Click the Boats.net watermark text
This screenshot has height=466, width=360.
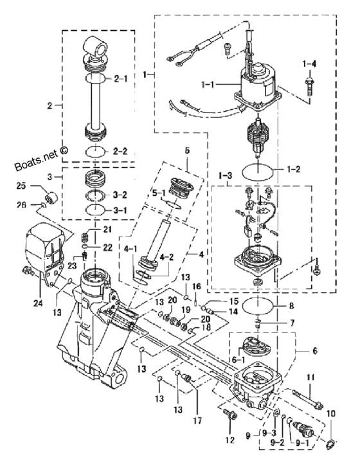[x=40, y=157]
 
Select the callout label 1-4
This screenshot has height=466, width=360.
[x=309, y=63]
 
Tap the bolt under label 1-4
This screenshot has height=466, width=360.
[x=309, y=86]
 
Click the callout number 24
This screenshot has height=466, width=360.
[x=38, y=303]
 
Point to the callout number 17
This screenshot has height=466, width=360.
[x=198, y=420]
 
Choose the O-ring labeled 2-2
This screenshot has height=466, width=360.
[x=95, y=152]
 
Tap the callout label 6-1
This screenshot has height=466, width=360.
[x=238, y=359]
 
